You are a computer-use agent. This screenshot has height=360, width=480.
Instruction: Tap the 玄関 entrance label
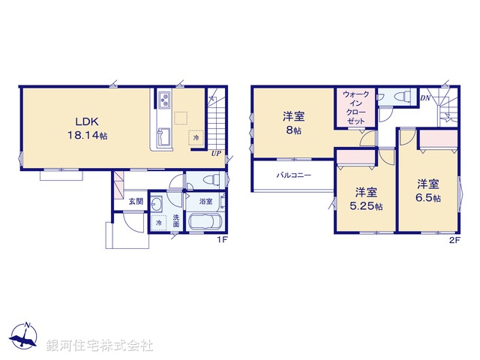[x=135, y=201]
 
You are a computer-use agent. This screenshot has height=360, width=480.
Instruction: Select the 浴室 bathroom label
[x=205, y=202]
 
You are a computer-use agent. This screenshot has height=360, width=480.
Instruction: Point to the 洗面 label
[x=176, y=221]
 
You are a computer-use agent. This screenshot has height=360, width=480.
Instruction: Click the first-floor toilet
[x=213, y=180]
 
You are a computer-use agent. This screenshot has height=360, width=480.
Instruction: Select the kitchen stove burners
[x=164, y=100]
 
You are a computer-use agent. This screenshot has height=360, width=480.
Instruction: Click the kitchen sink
[x=163, y=137]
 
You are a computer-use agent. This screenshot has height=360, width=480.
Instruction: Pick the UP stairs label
[x=216, y=154]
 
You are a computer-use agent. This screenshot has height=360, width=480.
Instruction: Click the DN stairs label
[x=424, y=98]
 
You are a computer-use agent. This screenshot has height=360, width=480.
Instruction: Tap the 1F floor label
[x=222, y=240]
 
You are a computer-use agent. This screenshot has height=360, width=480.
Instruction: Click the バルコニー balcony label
[x=292, y=174]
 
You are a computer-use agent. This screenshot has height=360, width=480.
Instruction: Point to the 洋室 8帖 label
[x=292, y=122]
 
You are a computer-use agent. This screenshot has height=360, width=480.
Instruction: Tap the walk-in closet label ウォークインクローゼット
[x=356, y=107]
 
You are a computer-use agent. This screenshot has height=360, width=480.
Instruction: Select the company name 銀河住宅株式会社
[x=100, y=346]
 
